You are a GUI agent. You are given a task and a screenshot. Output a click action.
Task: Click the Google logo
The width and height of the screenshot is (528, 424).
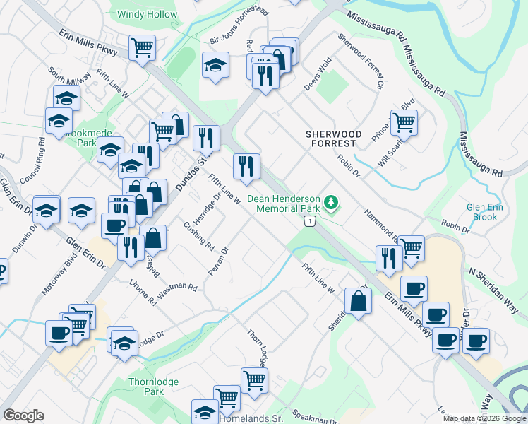tap(24, 416)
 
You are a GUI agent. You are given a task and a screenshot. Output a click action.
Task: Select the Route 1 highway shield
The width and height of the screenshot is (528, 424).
tap(308, 222)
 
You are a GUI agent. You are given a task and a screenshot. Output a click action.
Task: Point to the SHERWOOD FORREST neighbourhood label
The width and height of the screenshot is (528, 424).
tap(333, 139)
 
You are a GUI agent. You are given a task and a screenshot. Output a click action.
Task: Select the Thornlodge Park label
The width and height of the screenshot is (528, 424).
tap(153, 387)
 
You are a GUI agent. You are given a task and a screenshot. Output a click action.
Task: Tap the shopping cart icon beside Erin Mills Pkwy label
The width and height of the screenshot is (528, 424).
tap(142, 48)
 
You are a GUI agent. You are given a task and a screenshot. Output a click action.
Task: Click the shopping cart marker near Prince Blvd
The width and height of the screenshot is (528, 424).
tap(404, 122)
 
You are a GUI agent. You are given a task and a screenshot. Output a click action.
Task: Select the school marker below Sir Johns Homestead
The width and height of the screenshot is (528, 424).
tap(216, 65)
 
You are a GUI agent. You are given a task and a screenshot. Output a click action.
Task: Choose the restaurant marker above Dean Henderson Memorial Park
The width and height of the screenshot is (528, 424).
tap(246, 167)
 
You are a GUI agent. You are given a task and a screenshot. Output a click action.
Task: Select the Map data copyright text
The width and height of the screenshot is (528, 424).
tap(484, 418)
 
